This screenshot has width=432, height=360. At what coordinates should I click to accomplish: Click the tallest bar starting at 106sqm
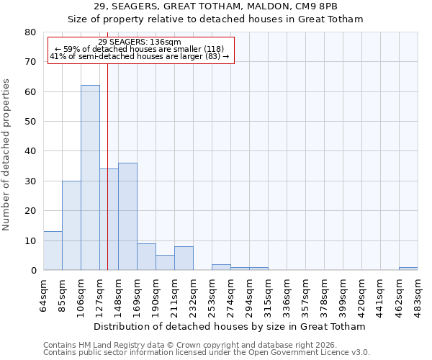[90, 178]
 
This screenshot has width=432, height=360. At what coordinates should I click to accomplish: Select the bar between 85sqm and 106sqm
[71, 225]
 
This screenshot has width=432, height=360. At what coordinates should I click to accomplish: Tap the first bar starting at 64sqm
[53, 251]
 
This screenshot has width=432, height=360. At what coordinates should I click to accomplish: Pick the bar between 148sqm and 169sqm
[127, 217]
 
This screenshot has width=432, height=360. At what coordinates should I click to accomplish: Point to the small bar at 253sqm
[221, 267]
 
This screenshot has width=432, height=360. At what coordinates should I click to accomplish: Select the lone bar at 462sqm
[408, 269]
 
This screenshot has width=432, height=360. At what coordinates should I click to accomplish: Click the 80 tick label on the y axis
[31, 32]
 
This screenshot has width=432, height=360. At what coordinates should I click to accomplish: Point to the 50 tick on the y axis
[31, 122]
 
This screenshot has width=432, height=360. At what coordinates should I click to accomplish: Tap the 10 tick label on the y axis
[31, 240]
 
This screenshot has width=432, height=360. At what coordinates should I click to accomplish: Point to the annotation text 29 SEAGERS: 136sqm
[140, 42]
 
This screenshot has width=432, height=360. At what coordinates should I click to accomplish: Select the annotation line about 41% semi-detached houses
[140, 56]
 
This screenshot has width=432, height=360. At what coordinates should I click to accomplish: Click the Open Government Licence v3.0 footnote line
[206, 353]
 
